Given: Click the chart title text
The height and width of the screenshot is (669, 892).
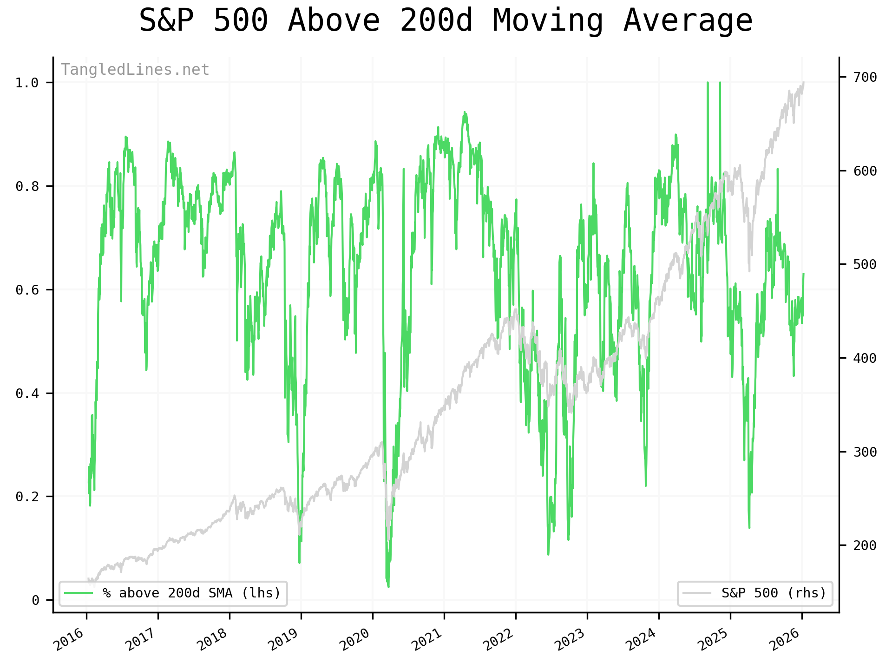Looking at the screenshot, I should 446,21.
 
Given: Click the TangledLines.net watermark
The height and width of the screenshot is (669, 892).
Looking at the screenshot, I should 135,70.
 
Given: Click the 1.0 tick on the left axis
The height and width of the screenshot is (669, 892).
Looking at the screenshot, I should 27,83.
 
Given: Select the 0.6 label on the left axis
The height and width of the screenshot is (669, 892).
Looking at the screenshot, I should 27,290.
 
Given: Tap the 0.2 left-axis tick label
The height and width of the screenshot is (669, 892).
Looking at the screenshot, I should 27,497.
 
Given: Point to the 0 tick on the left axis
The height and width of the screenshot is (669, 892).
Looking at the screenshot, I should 35,601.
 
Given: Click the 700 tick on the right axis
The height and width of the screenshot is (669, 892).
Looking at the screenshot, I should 865,77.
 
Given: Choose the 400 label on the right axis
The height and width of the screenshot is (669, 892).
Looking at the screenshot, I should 865,358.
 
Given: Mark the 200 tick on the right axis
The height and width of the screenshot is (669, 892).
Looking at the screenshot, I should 865,545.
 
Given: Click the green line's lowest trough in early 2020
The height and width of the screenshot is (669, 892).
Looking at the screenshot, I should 388,587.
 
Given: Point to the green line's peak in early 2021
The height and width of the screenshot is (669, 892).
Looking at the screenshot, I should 464,112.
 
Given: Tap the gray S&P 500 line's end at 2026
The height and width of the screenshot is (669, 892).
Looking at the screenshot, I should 804,83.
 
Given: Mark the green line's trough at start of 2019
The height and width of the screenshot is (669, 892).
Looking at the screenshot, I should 300,563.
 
